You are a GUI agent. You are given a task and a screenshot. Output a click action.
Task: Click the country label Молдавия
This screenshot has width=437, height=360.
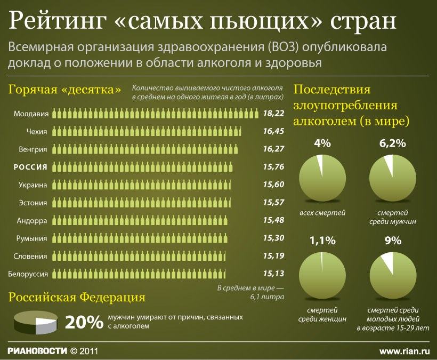31,114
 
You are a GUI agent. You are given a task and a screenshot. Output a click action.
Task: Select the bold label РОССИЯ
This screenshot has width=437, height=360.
30,167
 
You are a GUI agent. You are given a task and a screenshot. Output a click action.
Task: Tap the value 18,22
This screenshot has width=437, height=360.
273,114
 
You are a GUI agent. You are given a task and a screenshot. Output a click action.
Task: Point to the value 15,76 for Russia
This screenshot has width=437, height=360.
273,167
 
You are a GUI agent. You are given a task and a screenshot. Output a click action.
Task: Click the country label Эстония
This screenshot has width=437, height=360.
33,203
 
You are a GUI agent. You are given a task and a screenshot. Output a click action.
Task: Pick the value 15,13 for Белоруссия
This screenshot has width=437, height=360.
273,274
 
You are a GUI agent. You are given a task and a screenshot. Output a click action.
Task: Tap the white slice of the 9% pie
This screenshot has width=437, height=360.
388,261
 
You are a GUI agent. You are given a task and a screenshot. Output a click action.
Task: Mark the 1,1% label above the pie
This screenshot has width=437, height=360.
323,240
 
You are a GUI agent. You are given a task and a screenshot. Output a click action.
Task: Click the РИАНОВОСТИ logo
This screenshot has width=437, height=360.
37,351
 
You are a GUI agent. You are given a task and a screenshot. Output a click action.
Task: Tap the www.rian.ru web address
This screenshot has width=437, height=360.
404,351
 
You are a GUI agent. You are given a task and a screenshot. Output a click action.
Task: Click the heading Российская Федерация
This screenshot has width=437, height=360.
77,297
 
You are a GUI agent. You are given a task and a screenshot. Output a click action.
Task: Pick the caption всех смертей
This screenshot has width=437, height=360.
322,213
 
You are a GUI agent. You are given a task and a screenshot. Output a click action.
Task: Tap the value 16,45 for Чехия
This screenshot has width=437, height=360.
273,131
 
